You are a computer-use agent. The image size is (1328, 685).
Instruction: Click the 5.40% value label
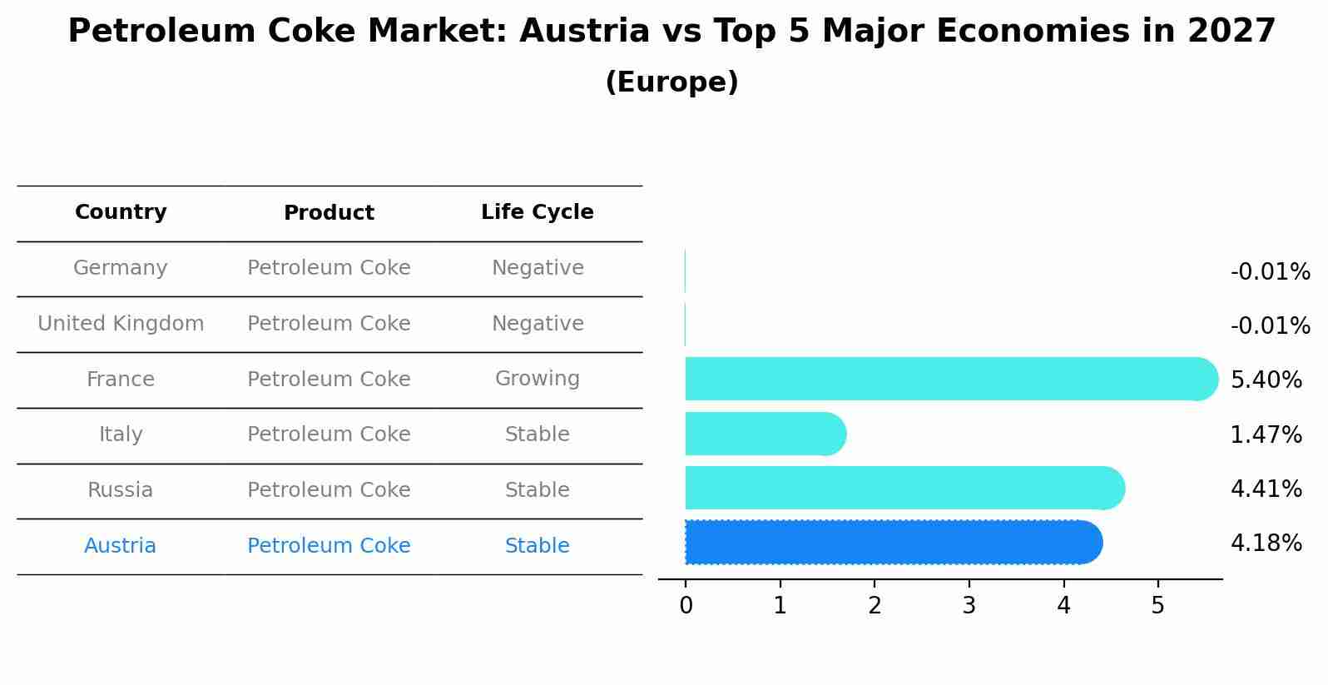1266,380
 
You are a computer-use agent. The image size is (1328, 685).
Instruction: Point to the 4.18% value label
1266,544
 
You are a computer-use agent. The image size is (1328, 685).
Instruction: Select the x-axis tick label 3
969,606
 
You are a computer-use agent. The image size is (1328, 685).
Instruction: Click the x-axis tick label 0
686,606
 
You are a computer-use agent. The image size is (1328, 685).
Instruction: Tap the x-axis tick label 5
1157,606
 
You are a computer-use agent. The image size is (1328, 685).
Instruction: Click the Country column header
121,212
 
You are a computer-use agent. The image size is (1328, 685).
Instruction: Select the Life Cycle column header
538,212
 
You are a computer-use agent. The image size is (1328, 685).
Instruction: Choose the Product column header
329,213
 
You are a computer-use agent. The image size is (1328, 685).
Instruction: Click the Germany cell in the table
121,268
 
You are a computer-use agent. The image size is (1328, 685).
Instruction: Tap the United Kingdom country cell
121,324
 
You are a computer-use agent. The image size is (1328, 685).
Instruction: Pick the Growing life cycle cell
538,379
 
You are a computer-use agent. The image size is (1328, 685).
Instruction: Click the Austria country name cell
121,546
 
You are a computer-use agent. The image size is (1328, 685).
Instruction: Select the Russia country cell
121,490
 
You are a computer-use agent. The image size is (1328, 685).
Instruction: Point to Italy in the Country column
121,434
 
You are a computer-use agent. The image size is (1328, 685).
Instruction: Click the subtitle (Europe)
671,82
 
